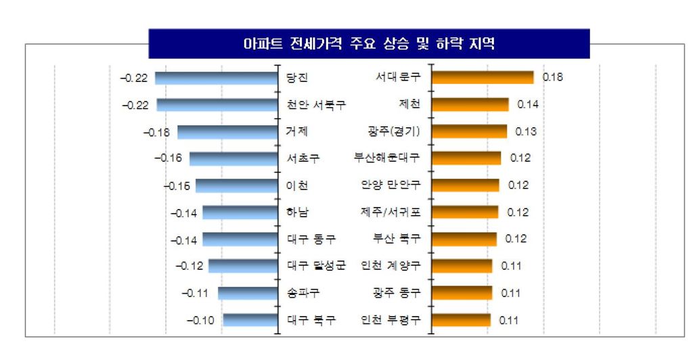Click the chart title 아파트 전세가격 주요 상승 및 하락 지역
pyautogui.click(x=369, y=45)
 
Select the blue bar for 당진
pyautogui.click(x=217, y=78)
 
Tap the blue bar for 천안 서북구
pyautogui.click(x=217, y=105)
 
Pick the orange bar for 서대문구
pyautogui.click(x=483, y=78)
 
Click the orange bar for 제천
pyautogui.click(x=470, y=104)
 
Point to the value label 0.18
pyautogui.click(x=553, y=78)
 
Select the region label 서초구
pyautogui.click(x=303, y=158)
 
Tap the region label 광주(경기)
pyautogui.click(x=389, y=131)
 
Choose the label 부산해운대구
pyautogui.click(x=386, y=158)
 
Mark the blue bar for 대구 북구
pyautogui.click(x=250, y=319)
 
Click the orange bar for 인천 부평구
pyautogui.click(x=461, y=319)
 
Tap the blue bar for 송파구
pyautogui.click(x=248, y=292)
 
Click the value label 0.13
pyautogui.click(x=526, y=131)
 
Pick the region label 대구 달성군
pyautogui.click(x=316, y=265)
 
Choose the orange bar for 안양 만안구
pyautogui.click(x=465, y=185)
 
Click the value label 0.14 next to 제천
pyautogui.click(x=528, y=104)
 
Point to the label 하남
pyautogui.click(x=298, y=212)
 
